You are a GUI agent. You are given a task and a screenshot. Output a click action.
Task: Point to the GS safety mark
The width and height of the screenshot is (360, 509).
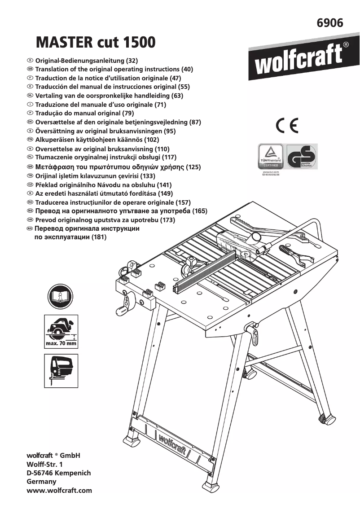[302, 156]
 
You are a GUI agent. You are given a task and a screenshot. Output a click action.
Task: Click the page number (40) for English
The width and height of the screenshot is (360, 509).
[187, 70]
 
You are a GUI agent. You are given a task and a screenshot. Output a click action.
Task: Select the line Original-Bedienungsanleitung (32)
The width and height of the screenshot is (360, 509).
[86, 61]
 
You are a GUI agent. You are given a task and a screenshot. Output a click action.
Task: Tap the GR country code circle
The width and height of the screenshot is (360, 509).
[30, 167]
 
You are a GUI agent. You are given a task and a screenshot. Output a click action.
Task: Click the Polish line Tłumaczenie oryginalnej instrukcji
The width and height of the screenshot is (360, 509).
[105, 158]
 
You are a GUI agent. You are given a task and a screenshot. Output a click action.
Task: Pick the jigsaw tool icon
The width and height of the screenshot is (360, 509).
[61, 371]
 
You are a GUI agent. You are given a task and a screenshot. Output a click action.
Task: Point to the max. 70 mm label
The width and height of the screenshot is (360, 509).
[61, 344]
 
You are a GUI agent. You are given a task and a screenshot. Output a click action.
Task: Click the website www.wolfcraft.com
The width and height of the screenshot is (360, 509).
[59, 491]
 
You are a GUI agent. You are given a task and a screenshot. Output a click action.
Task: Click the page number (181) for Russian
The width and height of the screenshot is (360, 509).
[99, 237]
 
